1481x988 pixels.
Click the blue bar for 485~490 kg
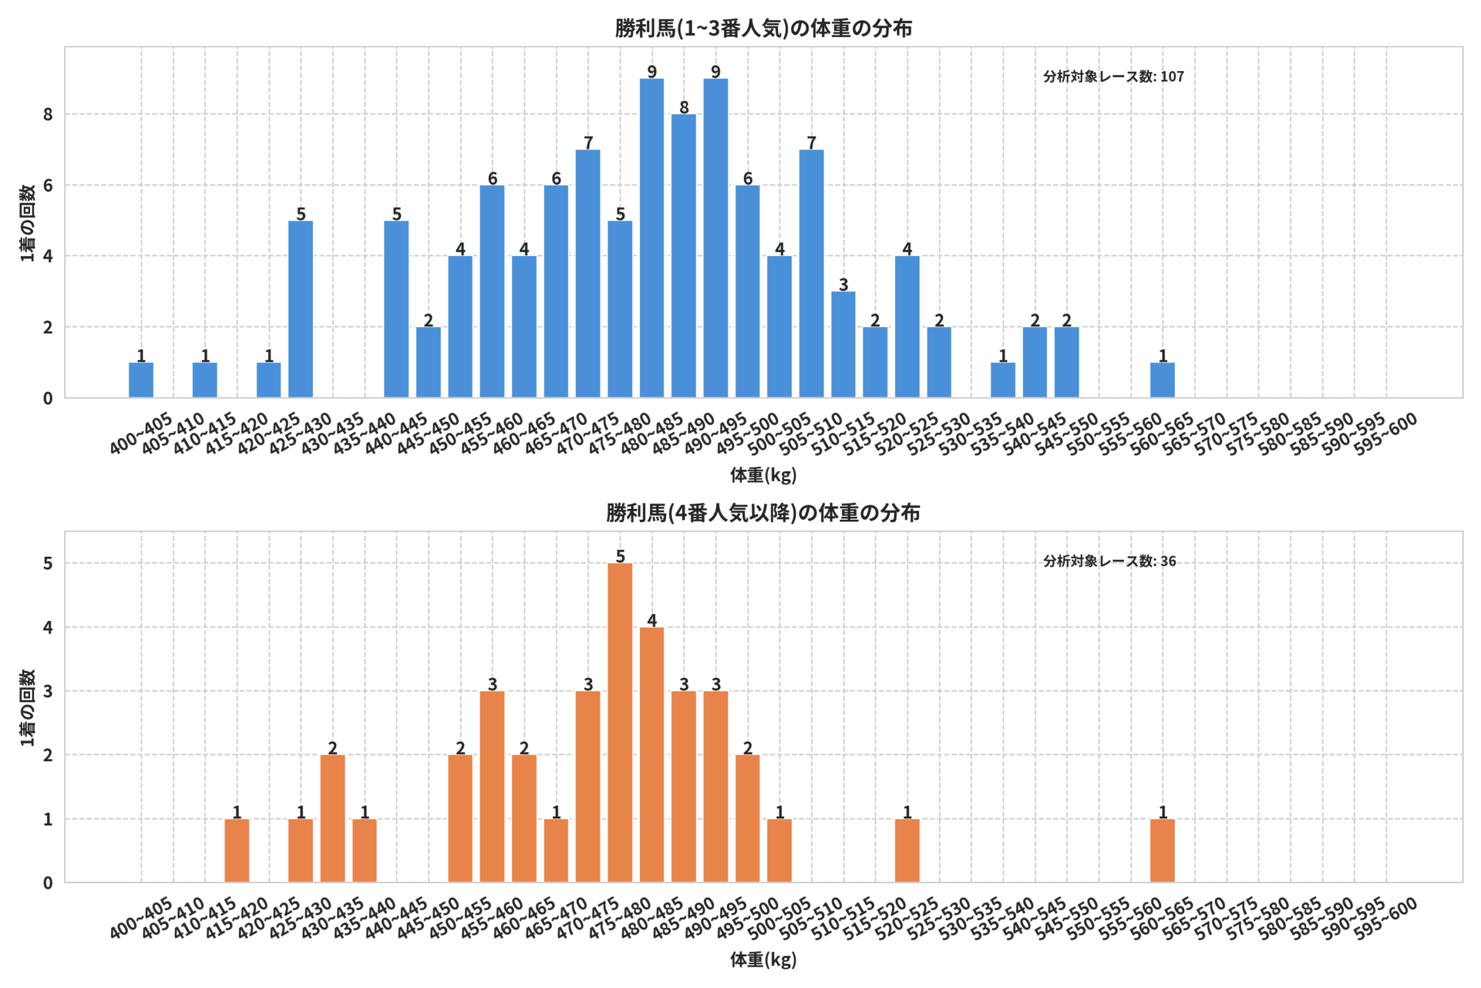point(684,256)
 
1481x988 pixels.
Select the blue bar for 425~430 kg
point(301,310)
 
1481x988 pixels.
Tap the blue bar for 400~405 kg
point(141,380)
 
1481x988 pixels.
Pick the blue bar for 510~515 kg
point(843,344)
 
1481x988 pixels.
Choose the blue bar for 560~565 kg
point(1162,380)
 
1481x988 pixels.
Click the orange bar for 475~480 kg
point(620,723)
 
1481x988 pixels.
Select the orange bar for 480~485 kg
point(652,755)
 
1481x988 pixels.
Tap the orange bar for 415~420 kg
point(237,851)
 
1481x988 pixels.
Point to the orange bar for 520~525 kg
point(907,851)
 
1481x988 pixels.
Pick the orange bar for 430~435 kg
point(333,818)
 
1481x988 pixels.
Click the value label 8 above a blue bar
point(684,107)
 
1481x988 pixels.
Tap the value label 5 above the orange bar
point(620,556)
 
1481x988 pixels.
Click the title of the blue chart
point(763,28)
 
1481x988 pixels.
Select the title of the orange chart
point(763,513)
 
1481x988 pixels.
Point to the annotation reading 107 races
point(1113,76)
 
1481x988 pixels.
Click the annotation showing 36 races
point(1110,561)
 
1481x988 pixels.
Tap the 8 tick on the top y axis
point(48,115)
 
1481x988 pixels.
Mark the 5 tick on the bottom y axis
point(48,563)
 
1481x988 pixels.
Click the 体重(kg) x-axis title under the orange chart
point(763,960)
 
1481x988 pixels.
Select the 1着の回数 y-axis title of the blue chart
point(28,222)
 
